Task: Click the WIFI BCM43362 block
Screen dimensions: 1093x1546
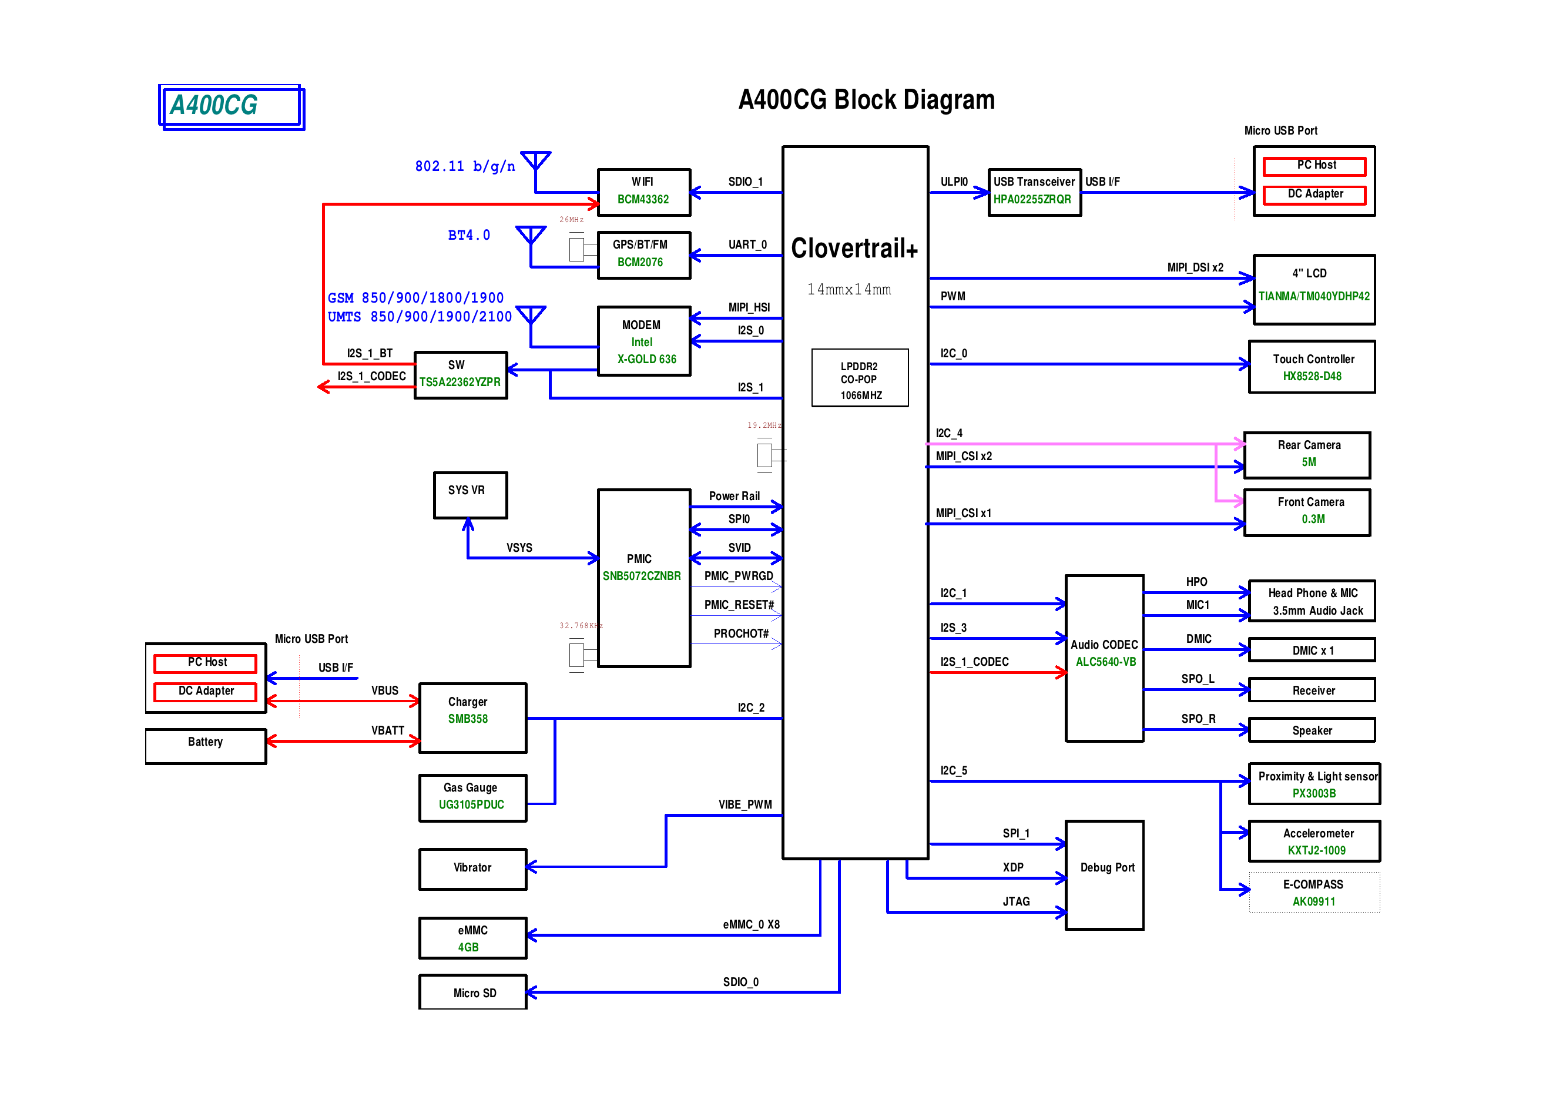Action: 643,192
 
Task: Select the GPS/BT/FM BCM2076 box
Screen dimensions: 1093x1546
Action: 643,254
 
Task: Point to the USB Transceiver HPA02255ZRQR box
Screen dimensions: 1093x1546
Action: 1034,192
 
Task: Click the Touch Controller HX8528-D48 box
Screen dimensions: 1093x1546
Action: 1311,367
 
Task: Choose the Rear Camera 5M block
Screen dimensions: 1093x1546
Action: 1306,455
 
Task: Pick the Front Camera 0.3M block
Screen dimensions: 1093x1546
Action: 1306,512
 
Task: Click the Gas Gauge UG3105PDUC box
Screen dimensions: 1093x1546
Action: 472,797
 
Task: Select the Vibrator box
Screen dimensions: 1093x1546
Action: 472,869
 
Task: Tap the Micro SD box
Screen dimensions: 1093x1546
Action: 472,992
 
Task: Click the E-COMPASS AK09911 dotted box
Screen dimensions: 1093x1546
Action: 1313,892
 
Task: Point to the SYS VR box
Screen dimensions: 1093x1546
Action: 470,495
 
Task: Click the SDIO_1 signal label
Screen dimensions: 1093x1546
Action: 745,182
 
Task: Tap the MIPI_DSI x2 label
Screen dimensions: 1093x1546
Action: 1195,267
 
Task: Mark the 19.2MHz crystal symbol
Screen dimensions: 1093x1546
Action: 765,455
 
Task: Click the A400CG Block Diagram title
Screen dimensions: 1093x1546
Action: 866,100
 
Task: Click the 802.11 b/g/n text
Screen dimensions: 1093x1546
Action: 465,166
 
